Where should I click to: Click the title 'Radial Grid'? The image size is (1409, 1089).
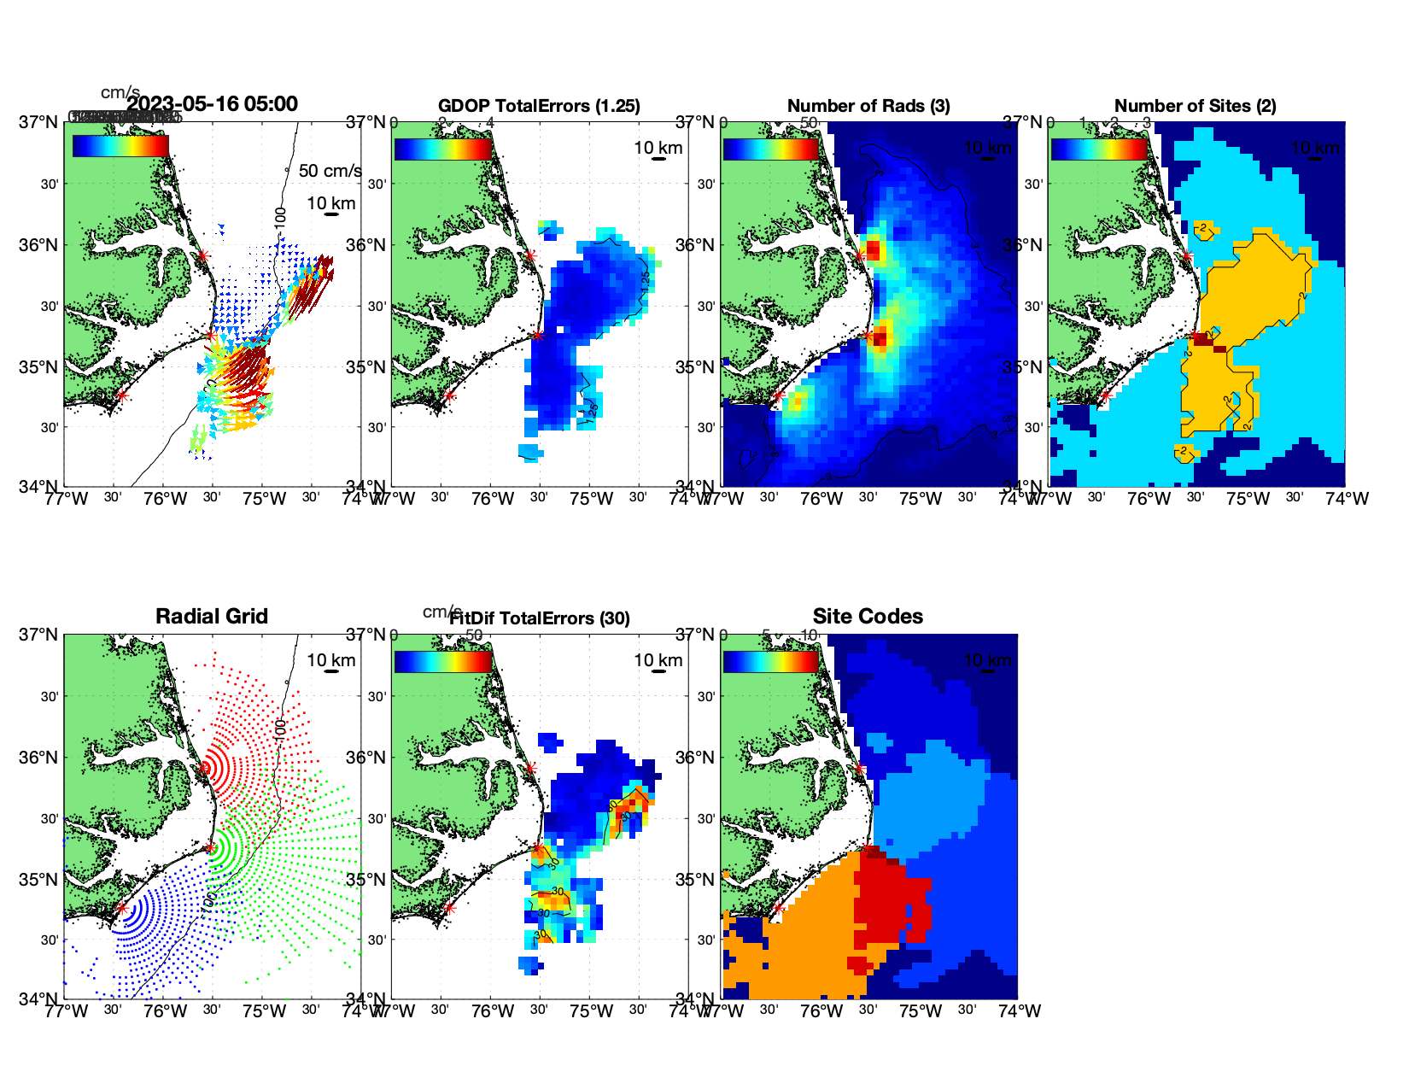click(212, 617)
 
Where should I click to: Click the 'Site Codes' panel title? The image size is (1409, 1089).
click(868, 617)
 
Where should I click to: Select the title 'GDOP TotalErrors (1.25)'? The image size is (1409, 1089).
click(539, 106)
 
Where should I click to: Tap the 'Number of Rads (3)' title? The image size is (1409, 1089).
click(868, 106)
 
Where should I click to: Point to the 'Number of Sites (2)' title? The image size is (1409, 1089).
click(1195, 106)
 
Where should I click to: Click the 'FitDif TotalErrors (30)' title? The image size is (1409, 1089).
click(540, 618)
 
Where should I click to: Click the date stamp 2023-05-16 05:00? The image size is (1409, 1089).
click(213, 104)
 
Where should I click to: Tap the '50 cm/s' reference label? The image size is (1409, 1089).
click(330, 171)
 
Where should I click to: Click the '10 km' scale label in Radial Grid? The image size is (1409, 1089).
click(331, 660)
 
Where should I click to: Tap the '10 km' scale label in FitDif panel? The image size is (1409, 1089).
click(658, 660)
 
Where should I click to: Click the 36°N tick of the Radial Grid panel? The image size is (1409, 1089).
click(39, 758)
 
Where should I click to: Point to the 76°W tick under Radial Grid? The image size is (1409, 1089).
click(165, 1011)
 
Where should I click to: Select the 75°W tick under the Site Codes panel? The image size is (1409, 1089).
click(921, 1011)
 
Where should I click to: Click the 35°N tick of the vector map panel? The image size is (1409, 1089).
click(39, 367)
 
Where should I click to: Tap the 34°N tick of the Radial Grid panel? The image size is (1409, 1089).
click(39, 998)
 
